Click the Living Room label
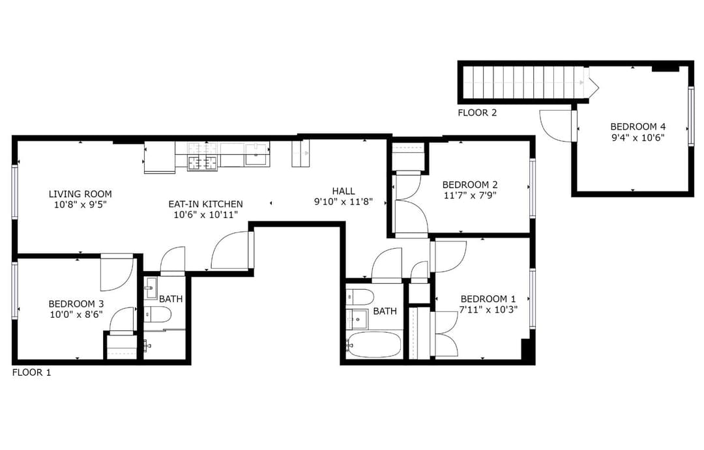[x=80, y=194]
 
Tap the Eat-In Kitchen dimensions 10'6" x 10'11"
[x=205, y=215]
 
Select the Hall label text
[x=344, y=191]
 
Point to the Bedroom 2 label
[x=469, y=184]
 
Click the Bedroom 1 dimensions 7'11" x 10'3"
[x=488, y=309]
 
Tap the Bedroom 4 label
[x=638, y=127]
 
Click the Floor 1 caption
[x=31, y=373]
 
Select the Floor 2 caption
[x=477, y=113]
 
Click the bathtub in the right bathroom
[x=374, y=345]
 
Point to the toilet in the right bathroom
[x=360, y=296]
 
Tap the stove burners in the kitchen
[x=203, y=156]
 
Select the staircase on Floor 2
[x=525, y=82]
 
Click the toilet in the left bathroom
[x=157, y=314]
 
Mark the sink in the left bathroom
[x=151, y=288]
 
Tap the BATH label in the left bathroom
[x=171, y=299]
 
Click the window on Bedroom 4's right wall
[x=691, y=116]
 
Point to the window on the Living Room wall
[x=14, y=192]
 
